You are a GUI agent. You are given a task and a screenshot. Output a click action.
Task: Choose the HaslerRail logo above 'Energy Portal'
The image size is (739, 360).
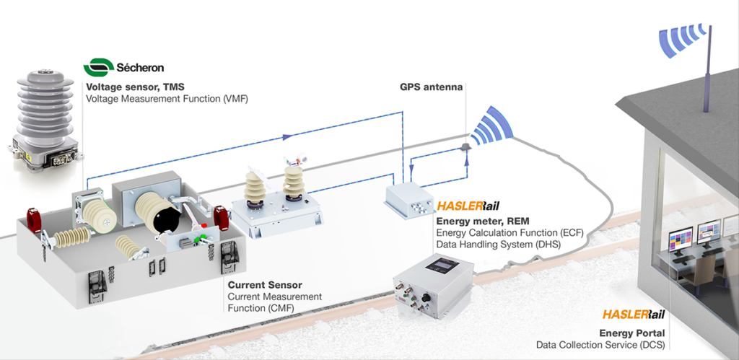(x=633, y=315)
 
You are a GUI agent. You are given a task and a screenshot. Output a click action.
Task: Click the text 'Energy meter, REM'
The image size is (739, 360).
(x=479, y=221)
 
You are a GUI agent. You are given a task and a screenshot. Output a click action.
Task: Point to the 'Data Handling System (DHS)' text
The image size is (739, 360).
(x=498, y=244)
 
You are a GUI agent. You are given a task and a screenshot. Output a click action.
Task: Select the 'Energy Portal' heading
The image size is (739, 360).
(x=632, y=333)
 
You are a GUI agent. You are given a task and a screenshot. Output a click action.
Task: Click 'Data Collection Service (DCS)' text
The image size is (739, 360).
(x=600, y=346)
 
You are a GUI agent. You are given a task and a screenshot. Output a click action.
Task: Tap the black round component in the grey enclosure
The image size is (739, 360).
(x=168, y=217)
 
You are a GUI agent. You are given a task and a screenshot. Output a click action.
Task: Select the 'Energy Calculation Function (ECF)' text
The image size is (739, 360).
(x=510, y=232)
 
